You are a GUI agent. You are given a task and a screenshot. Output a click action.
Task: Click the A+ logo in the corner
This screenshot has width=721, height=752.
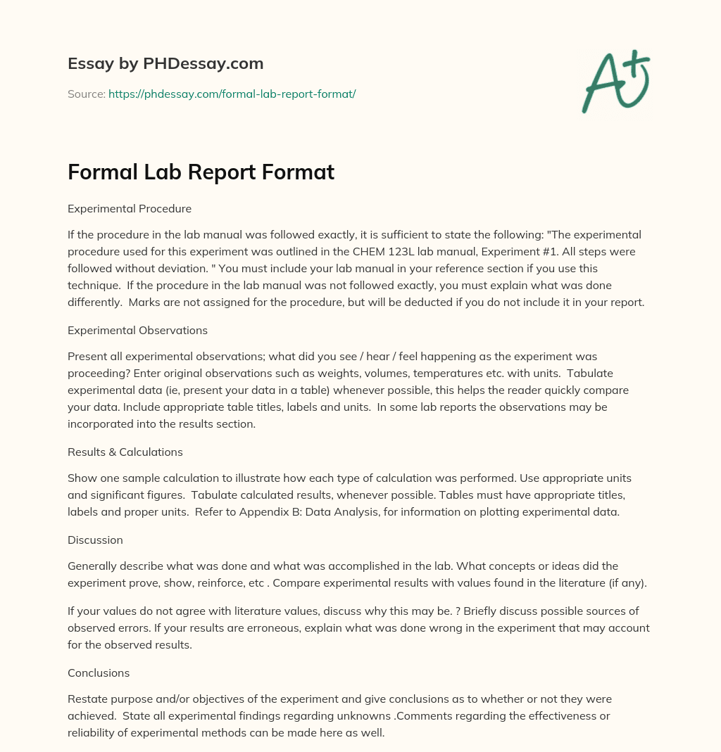click(x=615, y=81)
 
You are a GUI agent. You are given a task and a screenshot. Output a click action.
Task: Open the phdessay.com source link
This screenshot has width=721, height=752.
click(x=232, y=94)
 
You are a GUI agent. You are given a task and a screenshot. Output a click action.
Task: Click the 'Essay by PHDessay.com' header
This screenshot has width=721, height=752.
click(x=165, y=64)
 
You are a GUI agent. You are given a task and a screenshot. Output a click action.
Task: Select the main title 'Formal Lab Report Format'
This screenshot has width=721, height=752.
click(x=201, y=172)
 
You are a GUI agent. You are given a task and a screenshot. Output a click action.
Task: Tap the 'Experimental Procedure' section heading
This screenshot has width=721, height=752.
click(x=130, y=209)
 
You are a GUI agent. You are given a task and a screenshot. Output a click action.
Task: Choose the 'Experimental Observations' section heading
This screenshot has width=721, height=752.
click(x=137, y=330)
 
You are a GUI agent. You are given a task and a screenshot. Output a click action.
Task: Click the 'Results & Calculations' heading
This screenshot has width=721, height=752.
click(x=125, y=452)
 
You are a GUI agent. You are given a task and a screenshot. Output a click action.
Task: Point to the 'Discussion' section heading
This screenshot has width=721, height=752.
click(x=95, y=540)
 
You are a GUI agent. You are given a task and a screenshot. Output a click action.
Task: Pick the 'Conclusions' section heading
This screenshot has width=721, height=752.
click(x=99, y=673)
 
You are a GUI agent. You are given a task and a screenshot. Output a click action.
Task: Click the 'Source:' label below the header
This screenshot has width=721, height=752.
click(x=86, y=94)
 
